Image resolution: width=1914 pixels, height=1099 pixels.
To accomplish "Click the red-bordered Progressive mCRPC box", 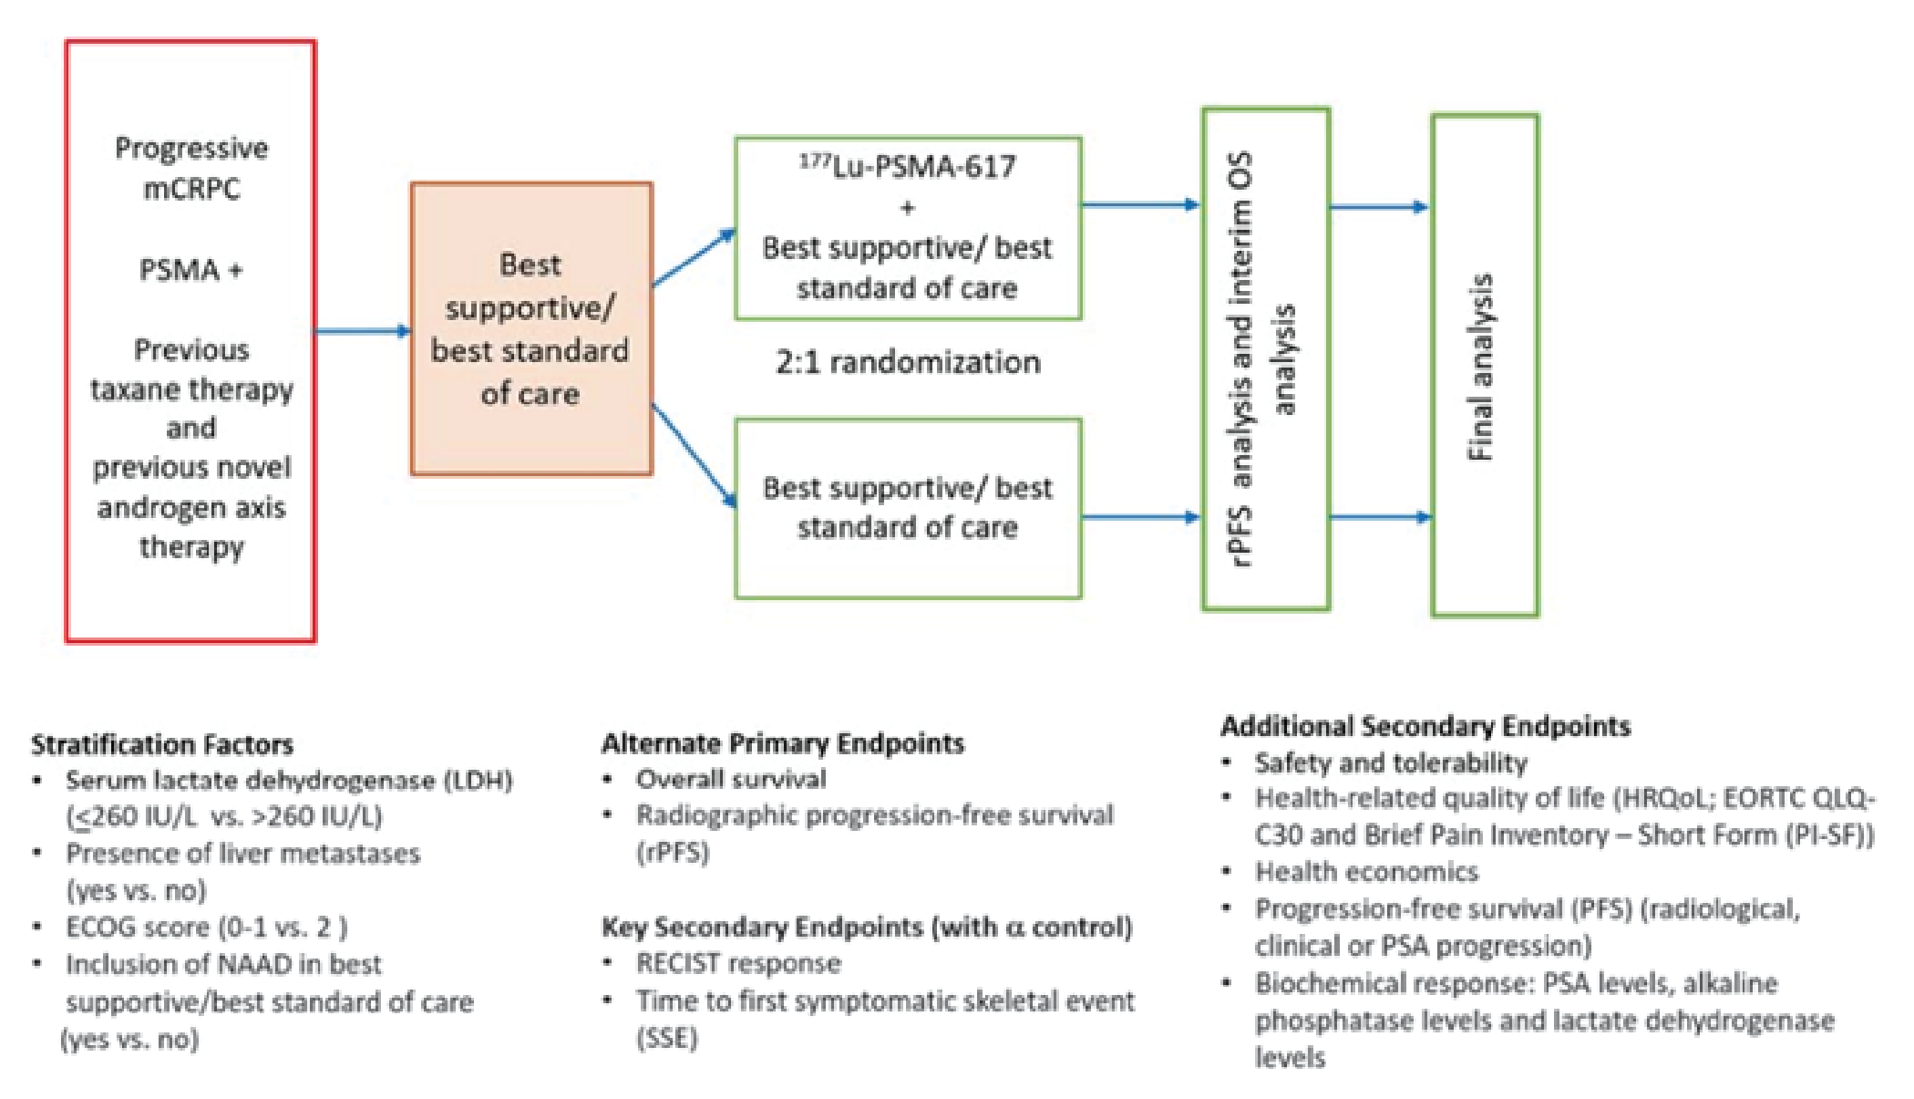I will [x=190, y=342].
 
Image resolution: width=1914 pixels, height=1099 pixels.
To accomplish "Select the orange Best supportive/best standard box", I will [x=530, y=328].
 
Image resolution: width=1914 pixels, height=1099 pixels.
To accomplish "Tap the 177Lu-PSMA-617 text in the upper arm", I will [x=907, y=167].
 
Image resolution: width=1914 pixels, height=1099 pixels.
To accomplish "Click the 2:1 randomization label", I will [x=907, y=363].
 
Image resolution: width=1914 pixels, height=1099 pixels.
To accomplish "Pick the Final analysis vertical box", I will [x=1484, y=365].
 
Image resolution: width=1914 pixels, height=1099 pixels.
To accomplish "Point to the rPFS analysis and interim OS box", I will [x=1265, y=358].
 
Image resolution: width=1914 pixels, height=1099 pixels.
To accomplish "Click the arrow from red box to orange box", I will [x=362, y=331].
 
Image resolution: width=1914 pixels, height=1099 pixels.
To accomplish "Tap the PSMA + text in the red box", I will [x=190, y=270].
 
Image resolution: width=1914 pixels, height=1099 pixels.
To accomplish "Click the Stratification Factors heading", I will [x=162, y=745].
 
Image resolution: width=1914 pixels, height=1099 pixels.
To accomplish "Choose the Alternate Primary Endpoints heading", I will [x=782, y=743].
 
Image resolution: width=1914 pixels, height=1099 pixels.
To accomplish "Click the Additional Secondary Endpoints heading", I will [x=1425, y=726].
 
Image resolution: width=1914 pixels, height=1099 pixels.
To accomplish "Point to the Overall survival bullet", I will [x=731, y=779].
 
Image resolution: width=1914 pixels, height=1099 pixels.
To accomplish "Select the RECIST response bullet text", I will [x=738, y=963].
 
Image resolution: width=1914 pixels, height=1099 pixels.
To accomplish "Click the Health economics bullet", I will [x=1366, y=872].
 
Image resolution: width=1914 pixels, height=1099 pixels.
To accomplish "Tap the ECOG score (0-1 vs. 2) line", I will [x=206, y=928].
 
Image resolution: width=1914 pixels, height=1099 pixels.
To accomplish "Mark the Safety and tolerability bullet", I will [x=1390, y=762].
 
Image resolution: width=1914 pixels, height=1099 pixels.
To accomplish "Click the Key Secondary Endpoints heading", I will [x=866, y=928].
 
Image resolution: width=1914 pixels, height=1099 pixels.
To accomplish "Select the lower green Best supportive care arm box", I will [x=908, y=508].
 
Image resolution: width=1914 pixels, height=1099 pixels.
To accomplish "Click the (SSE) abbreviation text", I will [x=666, y=1038].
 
